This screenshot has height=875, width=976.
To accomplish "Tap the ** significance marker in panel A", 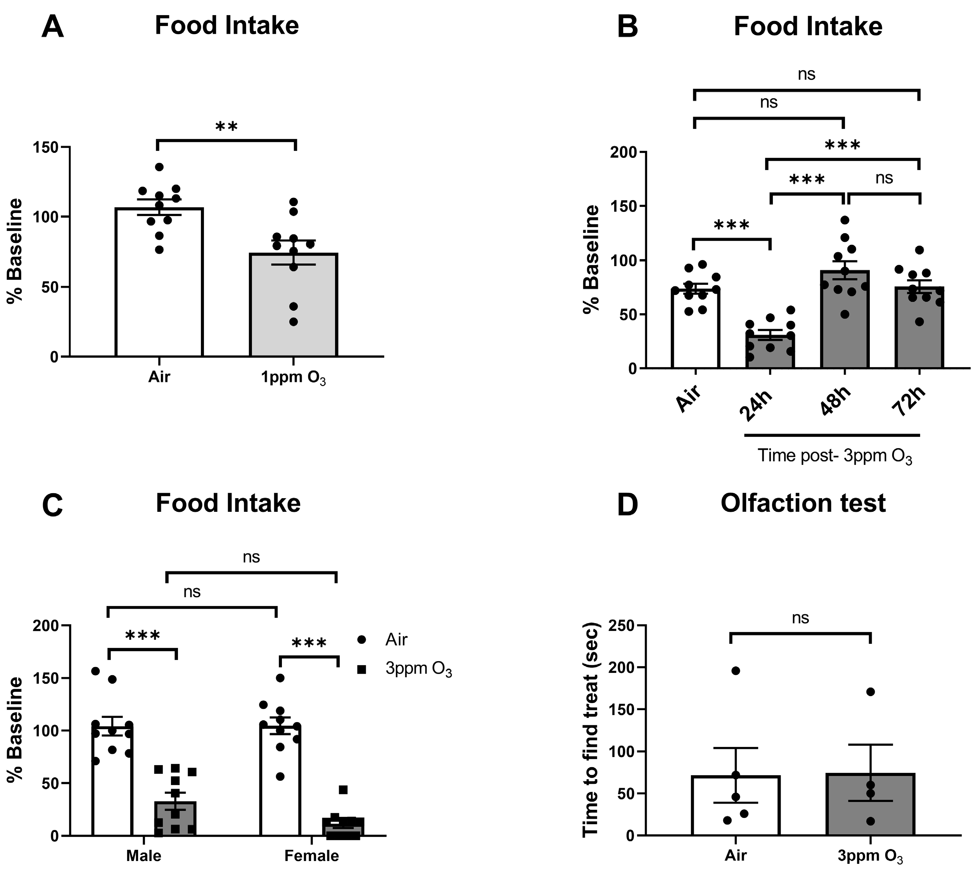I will tap(226, 127).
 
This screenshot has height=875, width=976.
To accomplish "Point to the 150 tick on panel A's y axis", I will tap(46, 147).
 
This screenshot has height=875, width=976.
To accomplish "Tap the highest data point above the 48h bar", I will tap(845, 220).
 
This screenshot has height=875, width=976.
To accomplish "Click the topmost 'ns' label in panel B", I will tap(807, 74).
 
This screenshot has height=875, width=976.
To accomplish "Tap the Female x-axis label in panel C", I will tap(312, 856).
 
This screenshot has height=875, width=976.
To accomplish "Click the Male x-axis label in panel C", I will tap(143, 856).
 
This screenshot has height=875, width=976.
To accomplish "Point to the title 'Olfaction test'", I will tap(803, 503).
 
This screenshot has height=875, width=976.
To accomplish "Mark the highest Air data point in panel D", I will tap(735, 671).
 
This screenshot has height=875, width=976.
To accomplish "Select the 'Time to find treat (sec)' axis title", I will tap(591, 730).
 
